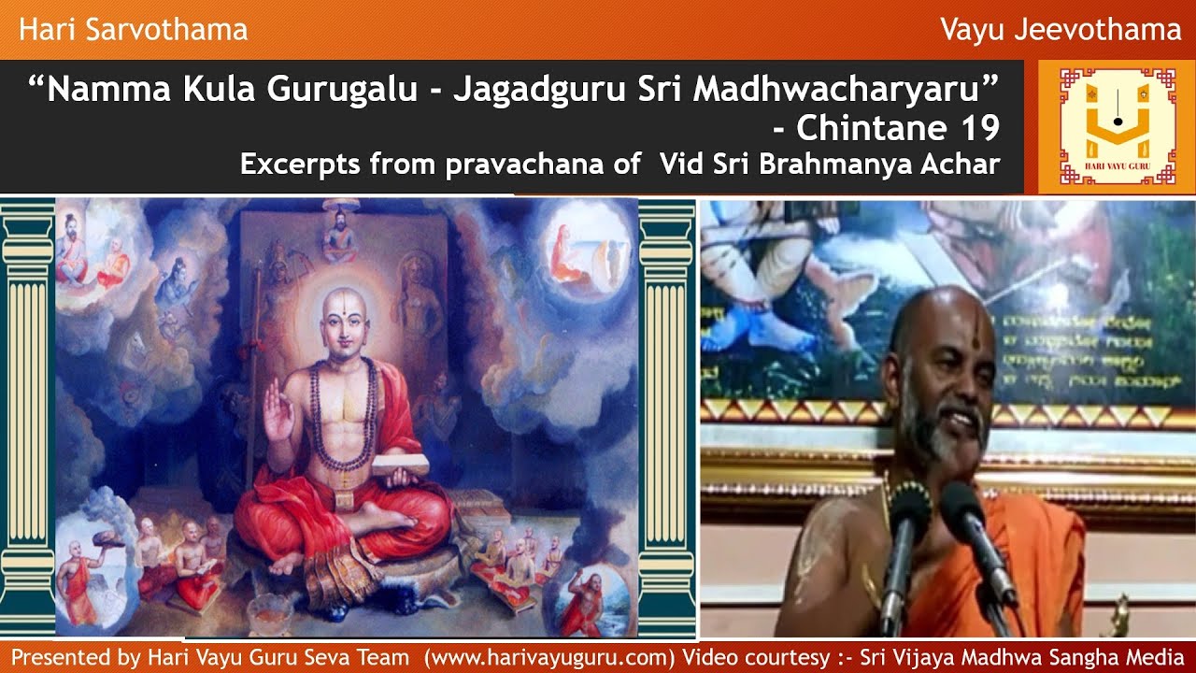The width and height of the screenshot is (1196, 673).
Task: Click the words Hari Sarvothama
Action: (x=133, y=30)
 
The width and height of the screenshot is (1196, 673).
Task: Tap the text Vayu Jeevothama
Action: (x=1061, y=30)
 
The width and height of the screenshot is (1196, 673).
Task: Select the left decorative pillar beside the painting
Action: (x=27, y=416)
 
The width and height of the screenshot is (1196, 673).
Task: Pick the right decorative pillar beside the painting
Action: (x=667, y=416)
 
